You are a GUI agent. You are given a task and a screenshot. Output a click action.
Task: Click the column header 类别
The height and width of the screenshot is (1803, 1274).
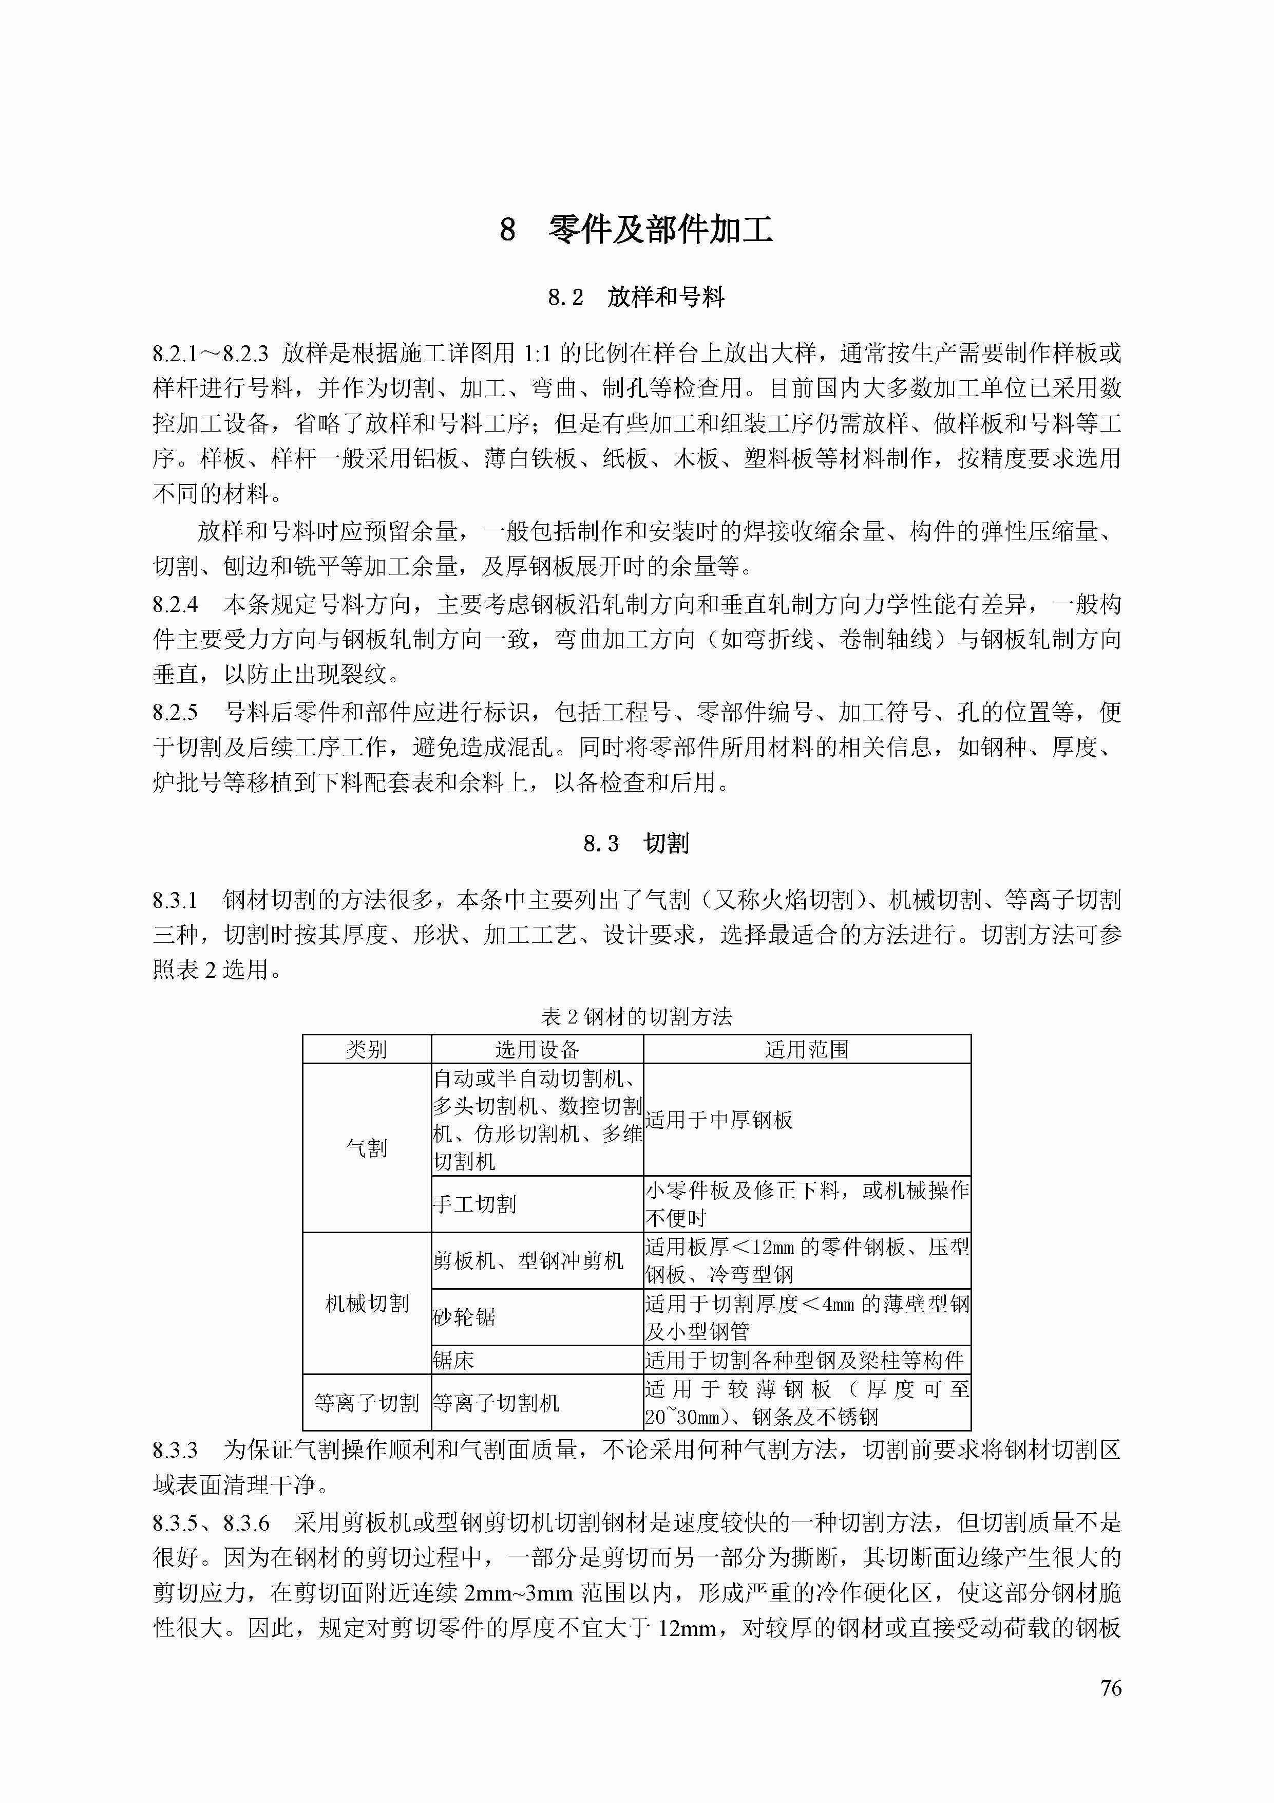(367, 1049)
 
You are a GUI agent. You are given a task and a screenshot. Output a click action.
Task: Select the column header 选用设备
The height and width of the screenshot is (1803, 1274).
(537, 1049)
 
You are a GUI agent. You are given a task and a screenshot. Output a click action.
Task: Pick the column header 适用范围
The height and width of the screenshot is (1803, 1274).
(807, 1049)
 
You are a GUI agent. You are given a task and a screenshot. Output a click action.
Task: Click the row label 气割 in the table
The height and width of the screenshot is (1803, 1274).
(367, 1148)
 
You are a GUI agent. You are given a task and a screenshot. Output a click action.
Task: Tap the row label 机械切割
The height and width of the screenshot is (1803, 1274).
(367, 1304)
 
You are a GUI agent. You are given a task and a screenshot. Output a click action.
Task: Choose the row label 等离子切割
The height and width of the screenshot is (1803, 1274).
(367, 1403)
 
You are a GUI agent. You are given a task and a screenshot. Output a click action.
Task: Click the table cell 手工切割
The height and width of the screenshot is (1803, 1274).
(474, 1204)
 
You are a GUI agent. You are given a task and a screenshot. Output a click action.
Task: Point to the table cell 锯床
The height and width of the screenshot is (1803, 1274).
(454, 1360)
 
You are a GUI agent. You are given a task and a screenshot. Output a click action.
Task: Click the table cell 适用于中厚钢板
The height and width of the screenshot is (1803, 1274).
(719, 1120)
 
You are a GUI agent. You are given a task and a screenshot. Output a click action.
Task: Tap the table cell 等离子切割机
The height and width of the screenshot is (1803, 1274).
(496, 1403)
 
